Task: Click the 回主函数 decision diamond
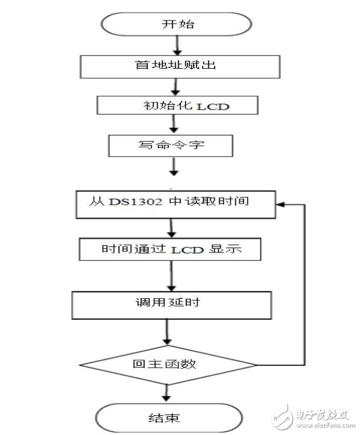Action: click(169, 365)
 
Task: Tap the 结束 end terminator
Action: click(168, 417)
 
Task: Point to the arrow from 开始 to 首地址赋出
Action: click(176, 45)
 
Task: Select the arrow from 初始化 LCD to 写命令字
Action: click(175, 124)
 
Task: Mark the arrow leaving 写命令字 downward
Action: click(174, 167)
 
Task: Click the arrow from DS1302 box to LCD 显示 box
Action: click(172, 228)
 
